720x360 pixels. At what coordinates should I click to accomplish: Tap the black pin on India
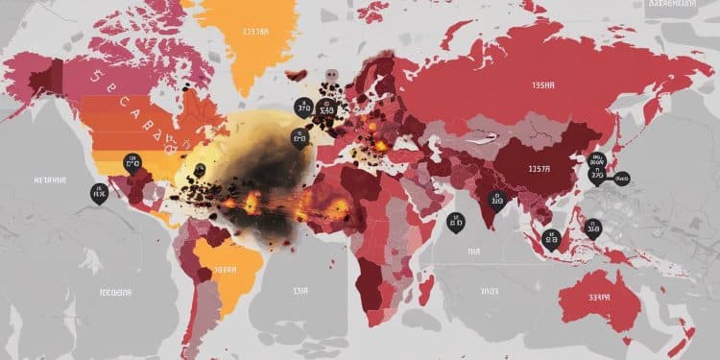495,200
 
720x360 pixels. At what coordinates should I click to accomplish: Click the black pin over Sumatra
550,239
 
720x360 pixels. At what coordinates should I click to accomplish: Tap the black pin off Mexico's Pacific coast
98,192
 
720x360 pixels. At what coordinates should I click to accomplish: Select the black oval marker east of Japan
622,178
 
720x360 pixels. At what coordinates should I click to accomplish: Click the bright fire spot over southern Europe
381,144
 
